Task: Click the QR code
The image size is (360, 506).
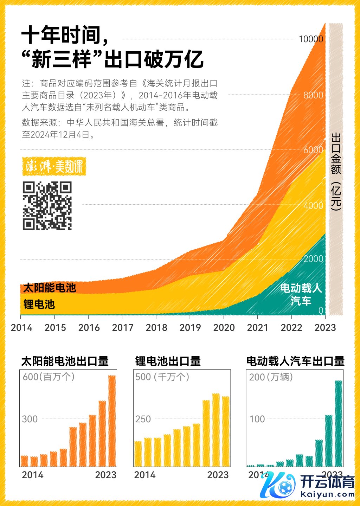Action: [x=47, y=206]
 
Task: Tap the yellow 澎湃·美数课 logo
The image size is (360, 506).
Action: [x=54, y=166]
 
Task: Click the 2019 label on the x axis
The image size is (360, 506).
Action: [x=190, y=328]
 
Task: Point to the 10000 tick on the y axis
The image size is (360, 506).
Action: [x=311, y=39]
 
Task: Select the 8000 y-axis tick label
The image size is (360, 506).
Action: [x=313, y=95]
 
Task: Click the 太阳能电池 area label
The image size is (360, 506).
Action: [x=50, y=288]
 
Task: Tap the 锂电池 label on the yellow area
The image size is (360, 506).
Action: [x=39, y=304]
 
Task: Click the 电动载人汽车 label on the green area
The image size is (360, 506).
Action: [x=301, y=294]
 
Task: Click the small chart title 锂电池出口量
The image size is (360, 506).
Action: [x=168, y=361]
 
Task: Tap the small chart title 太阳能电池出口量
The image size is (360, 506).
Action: [x=65, y=361]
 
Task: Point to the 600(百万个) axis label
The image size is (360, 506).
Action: [x=49, y=377]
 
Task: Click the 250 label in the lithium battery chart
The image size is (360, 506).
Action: [x=143, y=419]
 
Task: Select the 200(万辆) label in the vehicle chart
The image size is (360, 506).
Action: [x=271, y=377]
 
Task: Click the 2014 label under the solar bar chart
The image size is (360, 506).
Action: [x=33, y=475]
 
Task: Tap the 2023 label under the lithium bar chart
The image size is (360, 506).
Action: [x=218, y=475]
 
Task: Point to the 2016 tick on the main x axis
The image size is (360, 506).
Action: [x=89, y=328]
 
